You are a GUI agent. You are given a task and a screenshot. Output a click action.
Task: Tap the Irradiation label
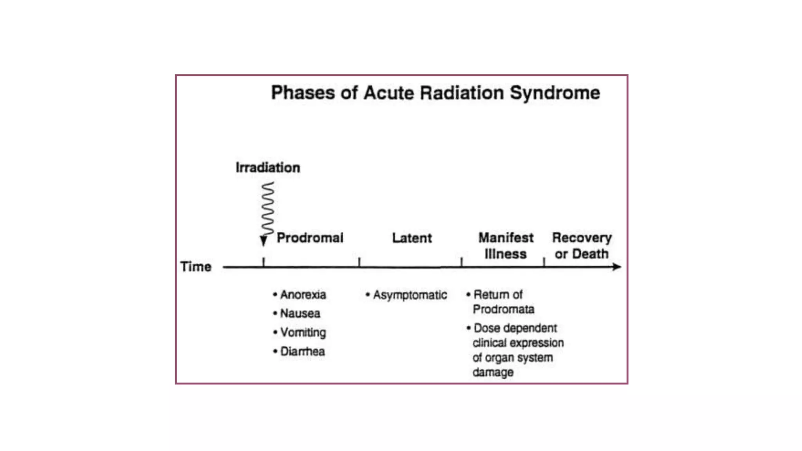tap(268, 168)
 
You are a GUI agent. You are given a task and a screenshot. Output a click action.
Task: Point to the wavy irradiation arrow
tap(267, 209)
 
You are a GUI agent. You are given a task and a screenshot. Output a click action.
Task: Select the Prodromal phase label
tap(310, 238)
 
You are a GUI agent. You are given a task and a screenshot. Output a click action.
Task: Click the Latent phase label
tap(412, 238)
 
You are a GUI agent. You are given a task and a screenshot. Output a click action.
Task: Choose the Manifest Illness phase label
tap(506, 245)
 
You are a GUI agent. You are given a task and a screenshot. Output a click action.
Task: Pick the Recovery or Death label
tap(582, 245)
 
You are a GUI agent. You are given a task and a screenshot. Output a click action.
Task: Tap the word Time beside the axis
tap(196, 267)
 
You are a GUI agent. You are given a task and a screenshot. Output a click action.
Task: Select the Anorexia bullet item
tap(303, 294)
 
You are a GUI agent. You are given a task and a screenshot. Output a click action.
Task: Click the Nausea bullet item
tap(300, 313)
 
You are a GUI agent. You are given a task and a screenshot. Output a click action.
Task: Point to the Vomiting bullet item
tap(303, 332)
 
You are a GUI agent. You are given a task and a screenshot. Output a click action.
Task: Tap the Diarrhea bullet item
tap(302, 351)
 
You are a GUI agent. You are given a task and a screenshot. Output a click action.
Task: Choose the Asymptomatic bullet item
tap(410, 295)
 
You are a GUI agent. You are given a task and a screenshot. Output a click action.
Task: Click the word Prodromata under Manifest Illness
tap(503, 309)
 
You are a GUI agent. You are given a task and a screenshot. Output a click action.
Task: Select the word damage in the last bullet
tap(493, 372)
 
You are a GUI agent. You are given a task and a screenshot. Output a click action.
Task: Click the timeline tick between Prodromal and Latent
tap(359, 262)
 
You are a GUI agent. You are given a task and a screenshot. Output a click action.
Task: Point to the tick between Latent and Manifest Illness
tap(461, 262)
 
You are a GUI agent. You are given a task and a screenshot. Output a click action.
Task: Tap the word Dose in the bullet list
tap(487, 328)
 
